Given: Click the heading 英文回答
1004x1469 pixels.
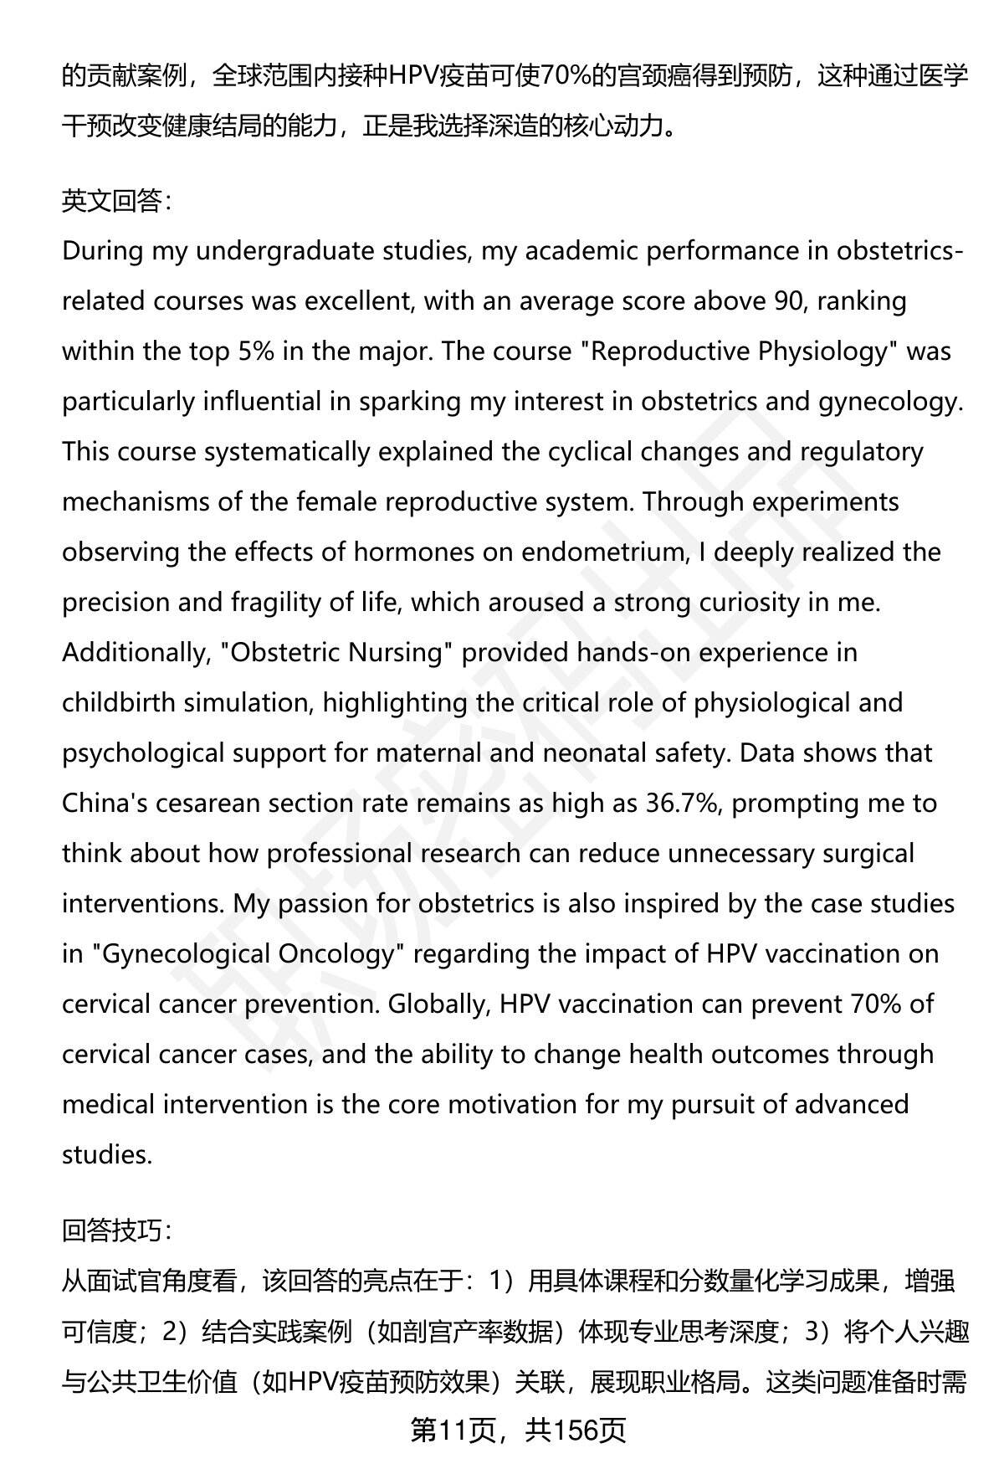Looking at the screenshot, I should [115, 202].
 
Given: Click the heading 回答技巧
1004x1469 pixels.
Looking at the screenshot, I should [115, 1230].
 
